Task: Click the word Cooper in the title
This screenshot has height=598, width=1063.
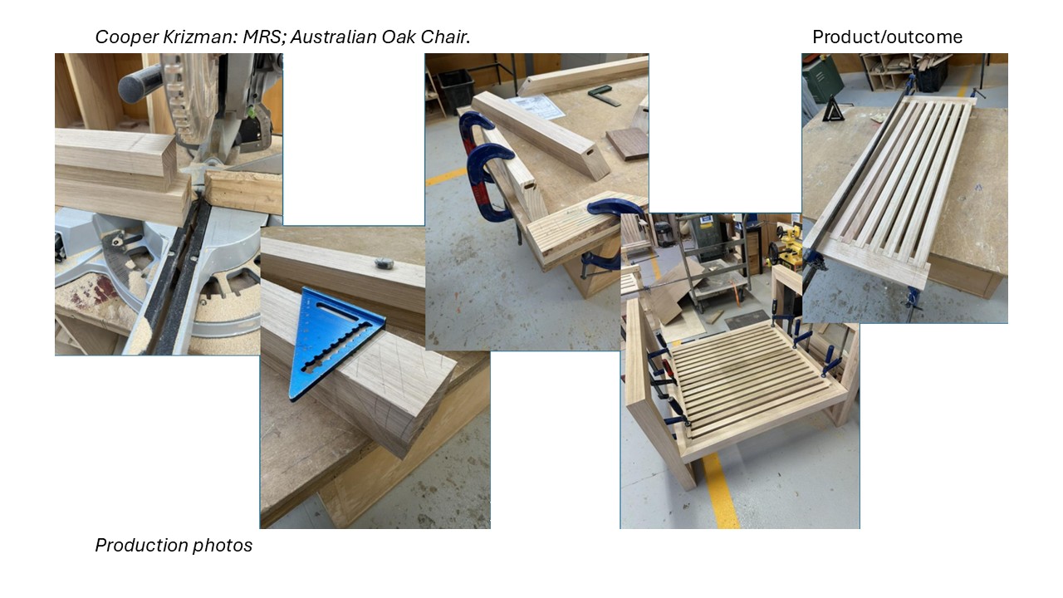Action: click(127, 37)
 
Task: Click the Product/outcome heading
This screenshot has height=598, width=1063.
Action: click(887, 37)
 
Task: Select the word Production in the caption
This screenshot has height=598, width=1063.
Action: click(141, 545)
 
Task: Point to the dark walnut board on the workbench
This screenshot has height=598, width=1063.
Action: click(627, 143)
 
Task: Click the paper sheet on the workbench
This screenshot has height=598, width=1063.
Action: click(540, 107)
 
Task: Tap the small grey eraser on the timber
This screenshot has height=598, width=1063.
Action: click(384, 262)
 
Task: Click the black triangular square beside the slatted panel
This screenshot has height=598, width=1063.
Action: click(833, 109)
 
